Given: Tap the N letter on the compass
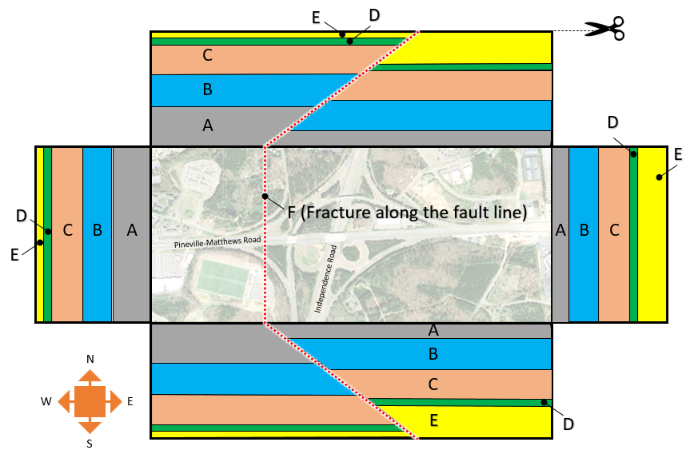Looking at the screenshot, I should coord(90,359).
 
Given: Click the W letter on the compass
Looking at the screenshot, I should coord(47,401).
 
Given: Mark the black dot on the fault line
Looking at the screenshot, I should coord(265,196).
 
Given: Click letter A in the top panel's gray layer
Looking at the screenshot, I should coord(208,125).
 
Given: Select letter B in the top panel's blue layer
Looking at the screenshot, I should coord(208,90).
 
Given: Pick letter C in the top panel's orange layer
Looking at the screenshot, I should coord(208,55).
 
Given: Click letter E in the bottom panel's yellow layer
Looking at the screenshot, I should coord(433,421).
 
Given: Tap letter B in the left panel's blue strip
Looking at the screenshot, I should coord(98,231).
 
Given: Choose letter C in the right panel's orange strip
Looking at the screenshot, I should coord(614,231).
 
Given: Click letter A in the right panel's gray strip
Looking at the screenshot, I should coord(560,231).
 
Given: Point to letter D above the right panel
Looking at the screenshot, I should coord(612,122).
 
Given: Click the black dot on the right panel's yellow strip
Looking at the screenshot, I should coord(659,177).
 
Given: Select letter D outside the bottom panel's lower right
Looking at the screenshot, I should coord(568,424).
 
